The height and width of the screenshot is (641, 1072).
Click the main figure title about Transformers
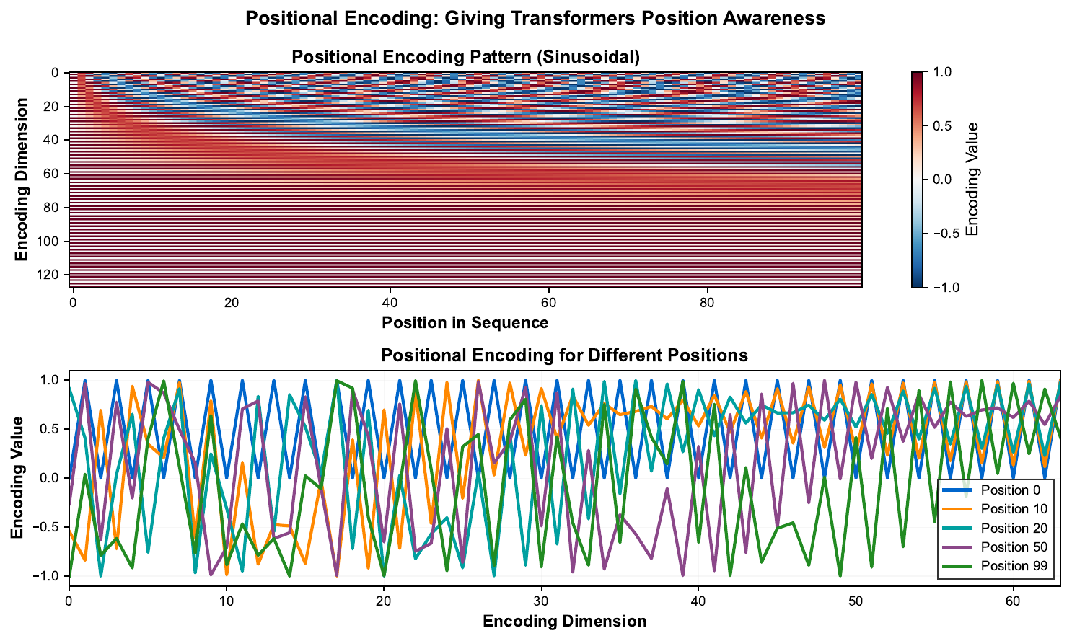535,18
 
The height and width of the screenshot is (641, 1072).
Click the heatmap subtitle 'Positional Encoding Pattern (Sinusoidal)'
465,57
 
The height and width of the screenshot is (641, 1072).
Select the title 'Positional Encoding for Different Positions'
564,355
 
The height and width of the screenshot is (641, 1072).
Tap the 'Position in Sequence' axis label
465,322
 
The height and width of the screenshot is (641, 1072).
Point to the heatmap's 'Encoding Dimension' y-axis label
22,180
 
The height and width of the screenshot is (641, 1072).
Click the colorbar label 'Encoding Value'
972,180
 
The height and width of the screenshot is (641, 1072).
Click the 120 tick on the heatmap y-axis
52,275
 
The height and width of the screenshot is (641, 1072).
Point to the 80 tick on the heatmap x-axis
707,302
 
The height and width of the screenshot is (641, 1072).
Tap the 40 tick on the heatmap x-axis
390,302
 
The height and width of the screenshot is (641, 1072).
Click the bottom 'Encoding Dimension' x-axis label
564,621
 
